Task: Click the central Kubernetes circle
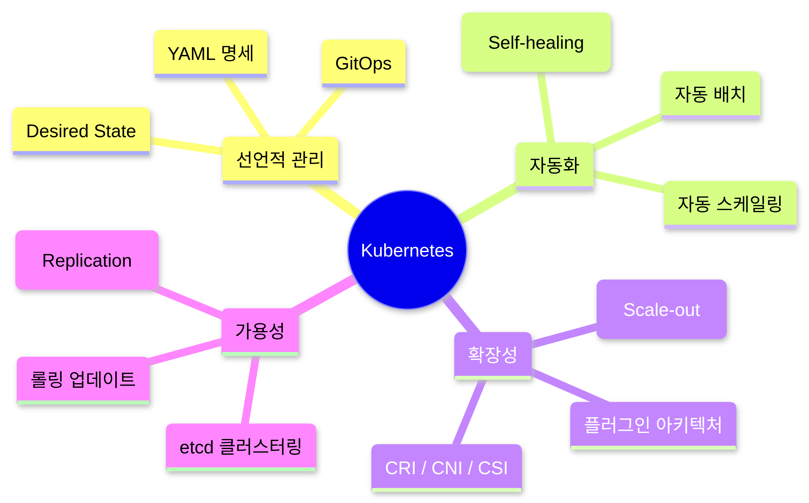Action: [407, 250]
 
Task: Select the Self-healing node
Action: [536, 42]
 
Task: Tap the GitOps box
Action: [363, 64]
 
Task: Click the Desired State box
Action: [81, 131]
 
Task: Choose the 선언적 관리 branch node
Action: [280, 160]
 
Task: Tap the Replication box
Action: [87, 260]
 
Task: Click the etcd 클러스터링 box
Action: [241, 447]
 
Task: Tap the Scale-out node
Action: [661, 309]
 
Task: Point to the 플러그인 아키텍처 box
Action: [653, 426]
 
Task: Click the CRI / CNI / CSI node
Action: [446, 468]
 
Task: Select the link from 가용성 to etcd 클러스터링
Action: [250, 390]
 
